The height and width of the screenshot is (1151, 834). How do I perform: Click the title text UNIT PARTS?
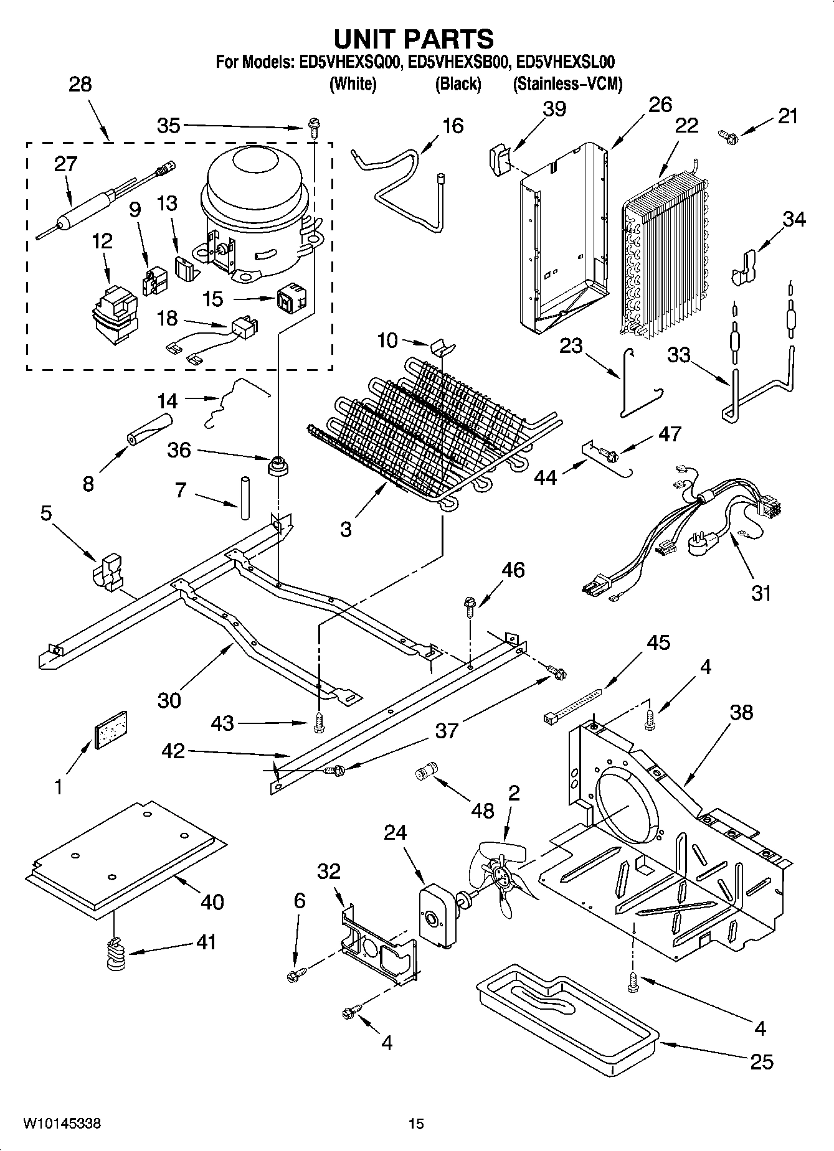tap(414, 39)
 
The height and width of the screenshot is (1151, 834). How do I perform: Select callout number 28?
tap(80, 84)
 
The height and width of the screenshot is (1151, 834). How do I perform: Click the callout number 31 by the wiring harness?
tap(761, 593)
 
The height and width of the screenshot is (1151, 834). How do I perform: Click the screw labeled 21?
tap(727, 133)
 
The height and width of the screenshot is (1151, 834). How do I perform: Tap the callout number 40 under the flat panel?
tap(212, 901)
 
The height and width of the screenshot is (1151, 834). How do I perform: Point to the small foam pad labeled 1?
tap(110, 727)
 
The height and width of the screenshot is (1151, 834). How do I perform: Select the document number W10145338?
tap(62, 1124)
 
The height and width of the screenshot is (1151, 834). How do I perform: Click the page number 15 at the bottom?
tap(416, 1124)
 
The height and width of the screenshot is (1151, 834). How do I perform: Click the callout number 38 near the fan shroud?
tap(741, 712)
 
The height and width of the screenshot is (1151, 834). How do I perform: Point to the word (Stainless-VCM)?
tap(567, 84)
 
